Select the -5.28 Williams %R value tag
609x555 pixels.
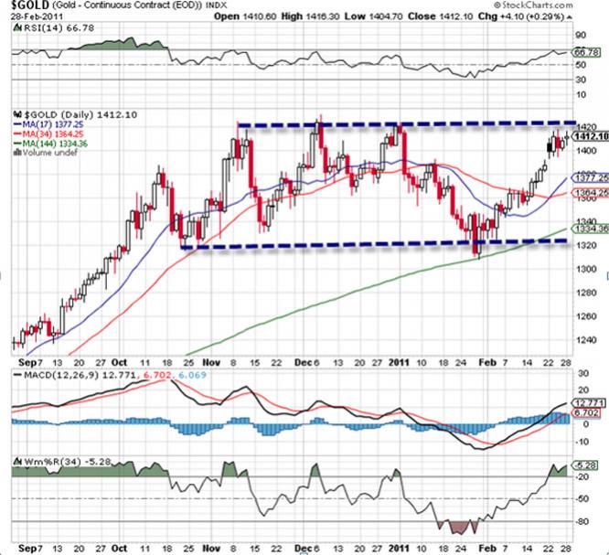click(x=589, y=465)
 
